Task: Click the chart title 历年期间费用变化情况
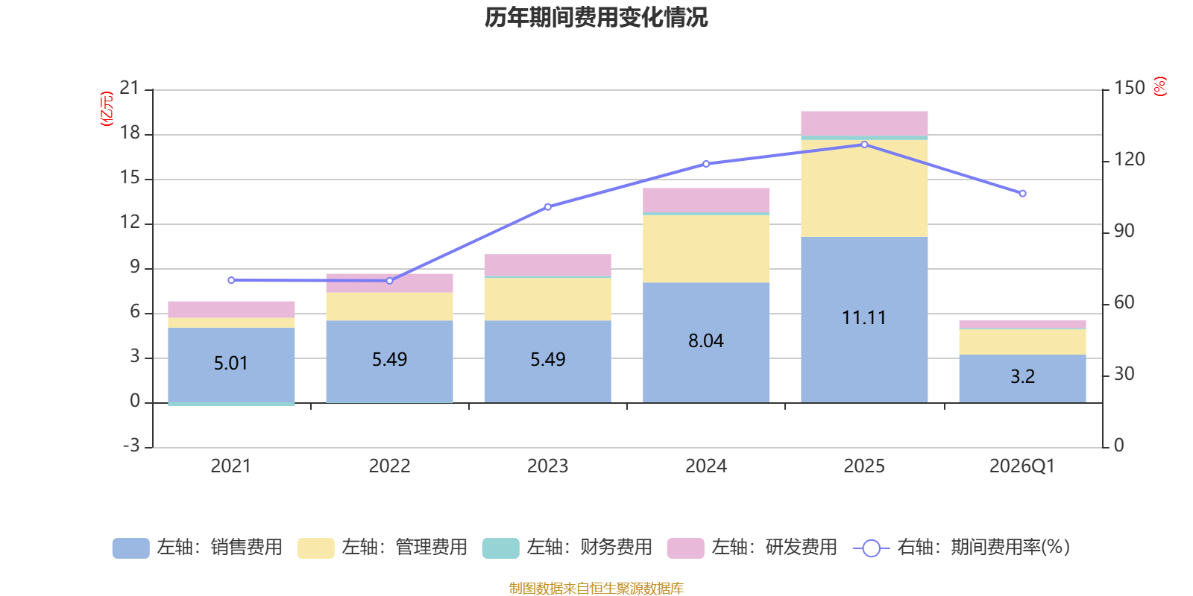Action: pos(596,17)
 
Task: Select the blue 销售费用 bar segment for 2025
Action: pos(864,350)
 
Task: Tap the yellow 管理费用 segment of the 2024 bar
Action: pos(706,249)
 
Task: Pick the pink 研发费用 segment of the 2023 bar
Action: pos(547,265)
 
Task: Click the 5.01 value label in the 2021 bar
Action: pos(230,364)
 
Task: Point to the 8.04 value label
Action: pos(705,341)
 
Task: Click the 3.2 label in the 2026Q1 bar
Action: pos(1022,377)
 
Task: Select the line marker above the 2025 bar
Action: pos(864,145)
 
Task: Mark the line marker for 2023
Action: pos(548,207)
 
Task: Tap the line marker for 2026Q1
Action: pos(1022,194)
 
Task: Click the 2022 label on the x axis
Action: pos(389,466)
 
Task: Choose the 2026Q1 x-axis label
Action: pos(1022,466)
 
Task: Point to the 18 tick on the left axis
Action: pos(130,133)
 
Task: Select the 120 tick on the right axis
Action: pos(1130,159)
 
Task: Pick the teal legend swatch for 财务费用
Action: pos(500,548)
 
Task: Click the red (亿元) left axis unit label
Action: pos(107,109)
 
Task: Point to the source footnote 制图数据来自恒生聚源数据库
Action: pos(596,589)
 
